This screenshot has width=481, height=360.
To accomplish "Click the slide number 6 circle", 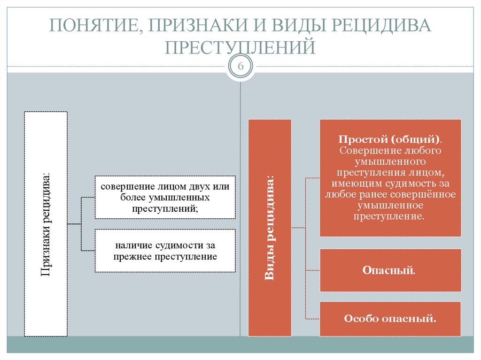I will click(x=240, y=66).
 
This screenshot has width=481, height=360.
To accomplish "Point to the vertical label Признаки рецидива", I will click(x=46, y=224).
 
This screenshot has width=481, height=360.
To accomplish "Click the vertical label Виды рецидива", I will click(x=270, y=228).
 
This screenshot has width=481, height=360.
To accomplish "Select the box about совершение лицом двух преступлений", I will click(x=165, y=197).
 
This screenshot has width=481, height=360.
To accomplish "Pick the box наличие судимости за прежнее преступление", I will click(x=165, y=251).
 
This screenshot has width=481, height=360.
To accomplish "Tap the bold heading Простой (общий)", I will click(x=389, y=140).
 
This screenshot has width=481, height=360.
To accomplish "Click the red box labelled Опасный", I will click(x=389, y=270).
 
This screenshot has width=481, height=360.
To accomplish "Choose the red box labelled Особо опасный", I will click(x=389, y=319).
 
